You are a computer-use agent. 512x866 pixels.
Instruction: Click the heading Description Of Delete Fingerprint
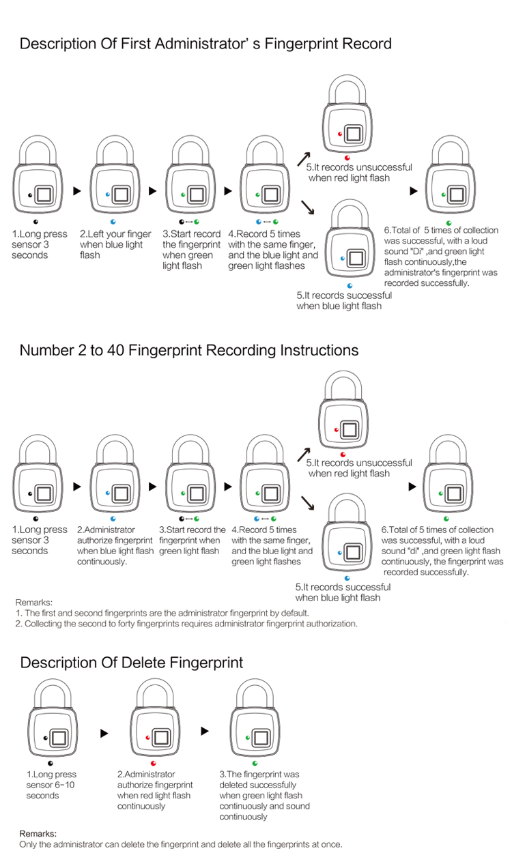pos(131,663)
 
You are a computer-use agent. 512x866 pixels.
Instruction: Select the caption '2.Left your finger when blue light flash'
pos(115,244)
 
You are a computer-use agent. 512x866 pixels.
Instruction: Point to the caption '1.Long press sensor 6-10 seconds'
pos(51,785)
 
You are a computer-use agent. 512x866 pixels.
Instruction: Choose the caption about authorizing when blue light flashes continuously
pos(115,545)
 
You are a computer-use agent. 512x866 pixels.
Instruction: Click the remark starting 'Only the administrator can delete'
pos(180,844)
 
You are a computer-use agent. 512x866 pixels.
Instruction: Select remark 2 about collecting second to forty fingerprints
pos(186,623)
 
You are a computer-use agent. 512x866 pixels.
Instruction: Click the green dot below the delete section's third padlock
pos(255,762)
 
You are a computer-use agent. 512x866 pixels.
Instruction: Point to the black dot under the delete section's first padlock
pos(51,762)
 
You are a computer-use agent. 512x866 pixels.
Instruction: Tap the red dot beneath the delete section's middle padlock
pos(153,763)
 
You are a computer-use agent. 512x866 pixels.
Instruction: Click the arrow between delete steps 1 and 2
pos(104,734)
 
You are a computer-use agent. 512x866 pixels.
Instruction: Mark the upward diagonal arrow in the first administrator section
pos(304,158)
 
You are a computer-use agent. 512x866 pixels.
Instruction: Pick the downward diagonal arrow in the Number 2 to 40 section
pos(307,503)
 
